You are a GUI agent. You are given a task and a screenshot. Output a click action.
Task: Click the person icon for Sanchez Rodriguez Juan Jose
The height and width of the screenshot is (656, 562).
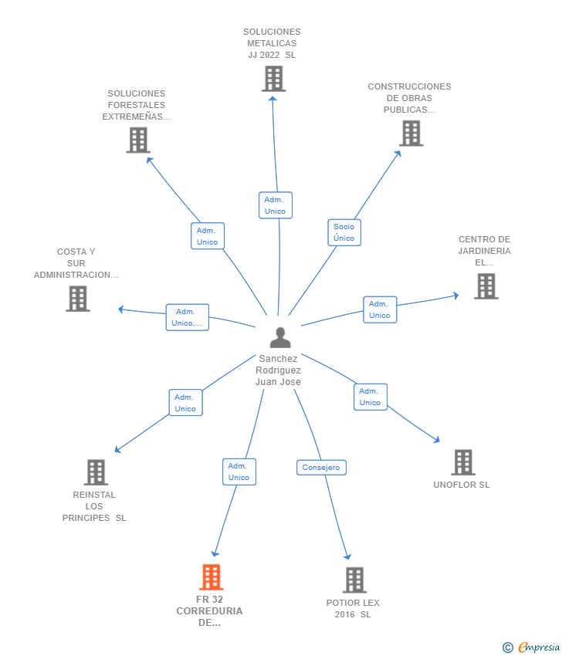coord(280,337)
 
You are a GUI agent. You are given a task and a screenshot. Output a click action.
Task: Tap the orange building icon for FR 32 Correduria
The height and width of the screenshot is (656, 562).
coord(211,577)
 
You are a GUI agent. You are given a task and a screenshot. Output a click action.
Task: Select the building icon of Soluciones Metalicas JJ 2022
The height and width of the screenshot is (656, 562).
coord(273,79)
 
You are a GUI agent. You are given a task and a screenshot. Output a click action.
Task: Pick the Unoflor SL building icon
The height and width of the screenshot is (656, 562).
coord(462,462)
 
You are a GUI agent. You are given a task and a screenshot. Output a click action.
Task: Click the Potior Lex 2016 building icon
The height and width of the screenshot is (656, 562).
coord(354,580)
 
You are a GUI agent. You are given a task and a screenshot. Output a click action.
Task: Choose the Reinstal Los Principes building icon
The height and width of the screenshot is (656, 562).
coord(96,472)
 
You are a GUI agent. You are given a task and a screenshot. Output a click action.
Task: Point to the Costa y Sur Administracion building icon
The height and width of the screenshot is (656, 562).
coord(78,299)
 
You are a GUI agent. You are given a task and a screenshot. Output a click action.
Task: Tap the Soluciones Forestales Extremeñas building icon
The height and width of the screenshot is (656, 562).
coord(138,140)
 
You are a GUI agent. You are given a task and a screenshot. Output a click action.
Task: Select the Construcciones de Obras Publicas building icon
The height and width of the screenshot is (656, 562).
coord(411,134)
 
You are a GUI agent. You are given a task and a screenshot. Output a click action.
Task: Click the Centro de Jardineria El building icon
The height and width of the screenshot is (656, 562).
coord(486,286)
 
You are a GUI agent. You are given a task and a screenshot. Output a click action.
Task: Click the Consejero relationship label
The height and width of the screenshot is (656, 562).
coord(321,468)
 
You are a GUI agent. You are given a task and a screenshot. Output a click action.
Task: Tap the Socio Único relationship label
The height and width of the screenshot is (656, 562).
coord(344,232)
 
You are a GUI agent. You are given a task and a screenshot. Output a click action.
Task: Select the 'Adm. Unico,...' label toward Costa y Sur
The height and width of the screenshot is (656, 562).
coord(187,317)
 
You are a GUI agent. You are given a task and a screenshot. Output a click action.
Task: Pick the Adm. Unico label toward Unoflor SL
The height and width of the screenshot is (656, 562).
coord(370,397)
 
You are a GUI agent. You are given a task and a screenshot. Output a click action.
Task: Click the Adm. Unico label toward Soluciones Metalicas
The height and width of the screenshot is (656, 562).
coord(275,205)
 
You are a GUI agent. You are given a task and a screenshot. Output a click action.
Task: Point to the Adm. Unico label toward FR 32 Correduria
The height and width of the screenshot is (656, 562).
coord(239,472)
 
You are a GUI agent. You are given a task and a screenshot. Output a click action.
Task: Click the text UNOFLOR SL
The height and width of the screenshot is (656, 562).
coord(462,485)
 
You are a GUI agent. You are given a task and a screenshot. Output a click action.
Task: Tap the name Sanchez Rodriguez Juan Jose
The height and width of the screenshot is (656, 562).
coord(279,370)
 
